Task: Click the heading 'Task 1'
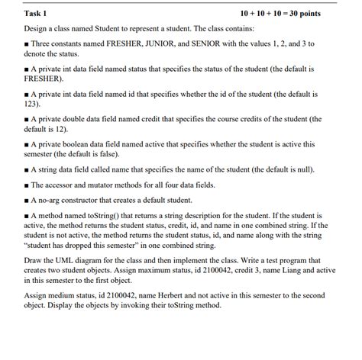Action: point(36,14)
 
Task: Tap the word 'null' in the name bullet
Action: point(300,169)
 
